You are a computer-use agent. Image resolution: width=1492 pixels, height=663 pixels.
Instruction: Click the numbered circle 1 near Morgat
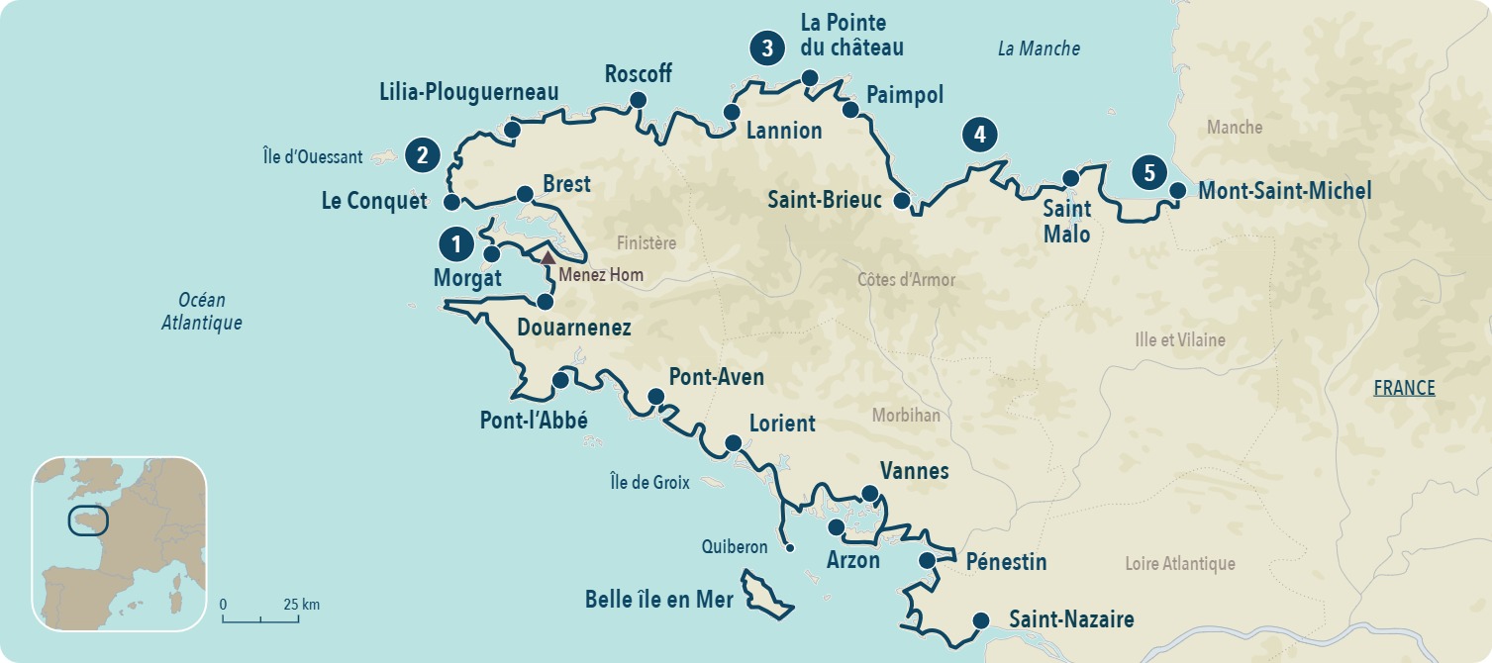tap(455, 243)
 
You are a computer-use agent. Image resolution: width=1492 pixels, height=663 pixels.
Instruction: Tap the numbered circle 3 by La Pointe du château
tap(767, 48)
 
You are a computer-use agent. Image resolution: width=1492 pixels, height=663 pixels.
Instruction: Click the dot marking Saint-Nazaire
tap(980, 620)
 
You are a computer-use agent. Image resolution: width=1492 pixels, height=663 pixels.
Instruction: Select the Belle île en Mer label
tap(658, 599)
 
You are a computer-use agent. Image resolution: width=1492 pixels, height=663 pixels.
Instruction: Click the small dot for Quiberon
tap(789, 548)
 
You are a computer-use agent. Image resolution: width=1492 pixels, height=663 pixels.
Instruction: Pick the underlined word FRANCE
tap(1404, 388)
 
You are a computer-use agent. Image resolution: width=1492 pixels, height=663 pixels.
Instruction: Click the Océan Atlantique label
tap(202, 311)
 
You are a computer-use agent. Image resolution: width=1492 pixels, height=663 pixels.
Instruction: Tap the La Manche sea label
tap(1038, 48)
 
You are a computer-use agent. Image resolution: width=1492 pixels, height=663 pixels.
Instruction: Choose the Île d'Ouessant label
tap(313, 156)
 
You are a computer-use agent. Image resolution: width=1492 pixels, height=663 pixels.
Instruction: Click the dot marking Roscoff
tap(638, 99)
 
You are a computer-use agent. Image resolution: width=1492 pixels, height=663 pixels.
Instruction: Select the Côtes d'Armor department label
tap(906, 279)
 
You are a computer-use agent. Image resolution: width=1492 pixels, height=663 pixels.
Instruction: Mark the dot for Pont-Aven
tap(655, 397)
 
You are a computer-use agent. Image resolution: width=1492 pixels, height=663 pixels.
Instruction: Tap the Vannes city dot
tap(869, 493)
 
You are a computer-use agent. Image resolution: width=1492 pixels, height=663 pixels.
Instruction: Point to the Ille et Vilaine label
tap(1179, 339)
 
